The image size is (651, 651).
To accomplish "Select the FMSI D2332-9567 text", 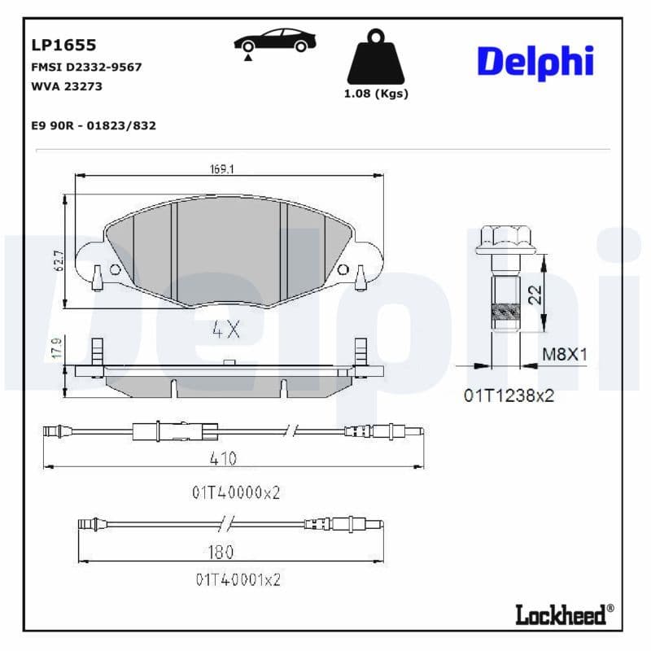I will click(x=85, y=67).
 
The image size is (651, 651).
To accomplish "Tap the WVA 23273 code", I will click(x=67, y=85).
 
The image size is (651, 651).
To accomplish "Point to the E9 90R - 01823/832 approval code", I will click(x=93, y=125).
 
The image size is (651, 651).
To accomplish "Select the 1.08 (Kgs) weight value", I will click(x=375, y=94).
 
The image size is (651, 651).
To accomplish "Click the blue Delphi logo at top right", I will click(x=535, y=63).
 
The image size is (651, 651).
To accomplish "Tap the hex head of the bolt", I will click(x=505, y=238).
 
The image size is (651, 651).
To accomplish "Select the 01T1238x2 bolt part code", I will click(x=509, y=395).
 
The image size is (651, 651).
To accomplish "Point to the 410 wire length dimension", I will click(x=222, y=459).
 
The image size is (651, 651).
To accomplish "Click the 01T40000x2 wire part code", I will click(x=236, y=492).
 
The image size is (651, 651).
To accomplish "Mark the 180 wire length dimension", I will click(x=221, y=553).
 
